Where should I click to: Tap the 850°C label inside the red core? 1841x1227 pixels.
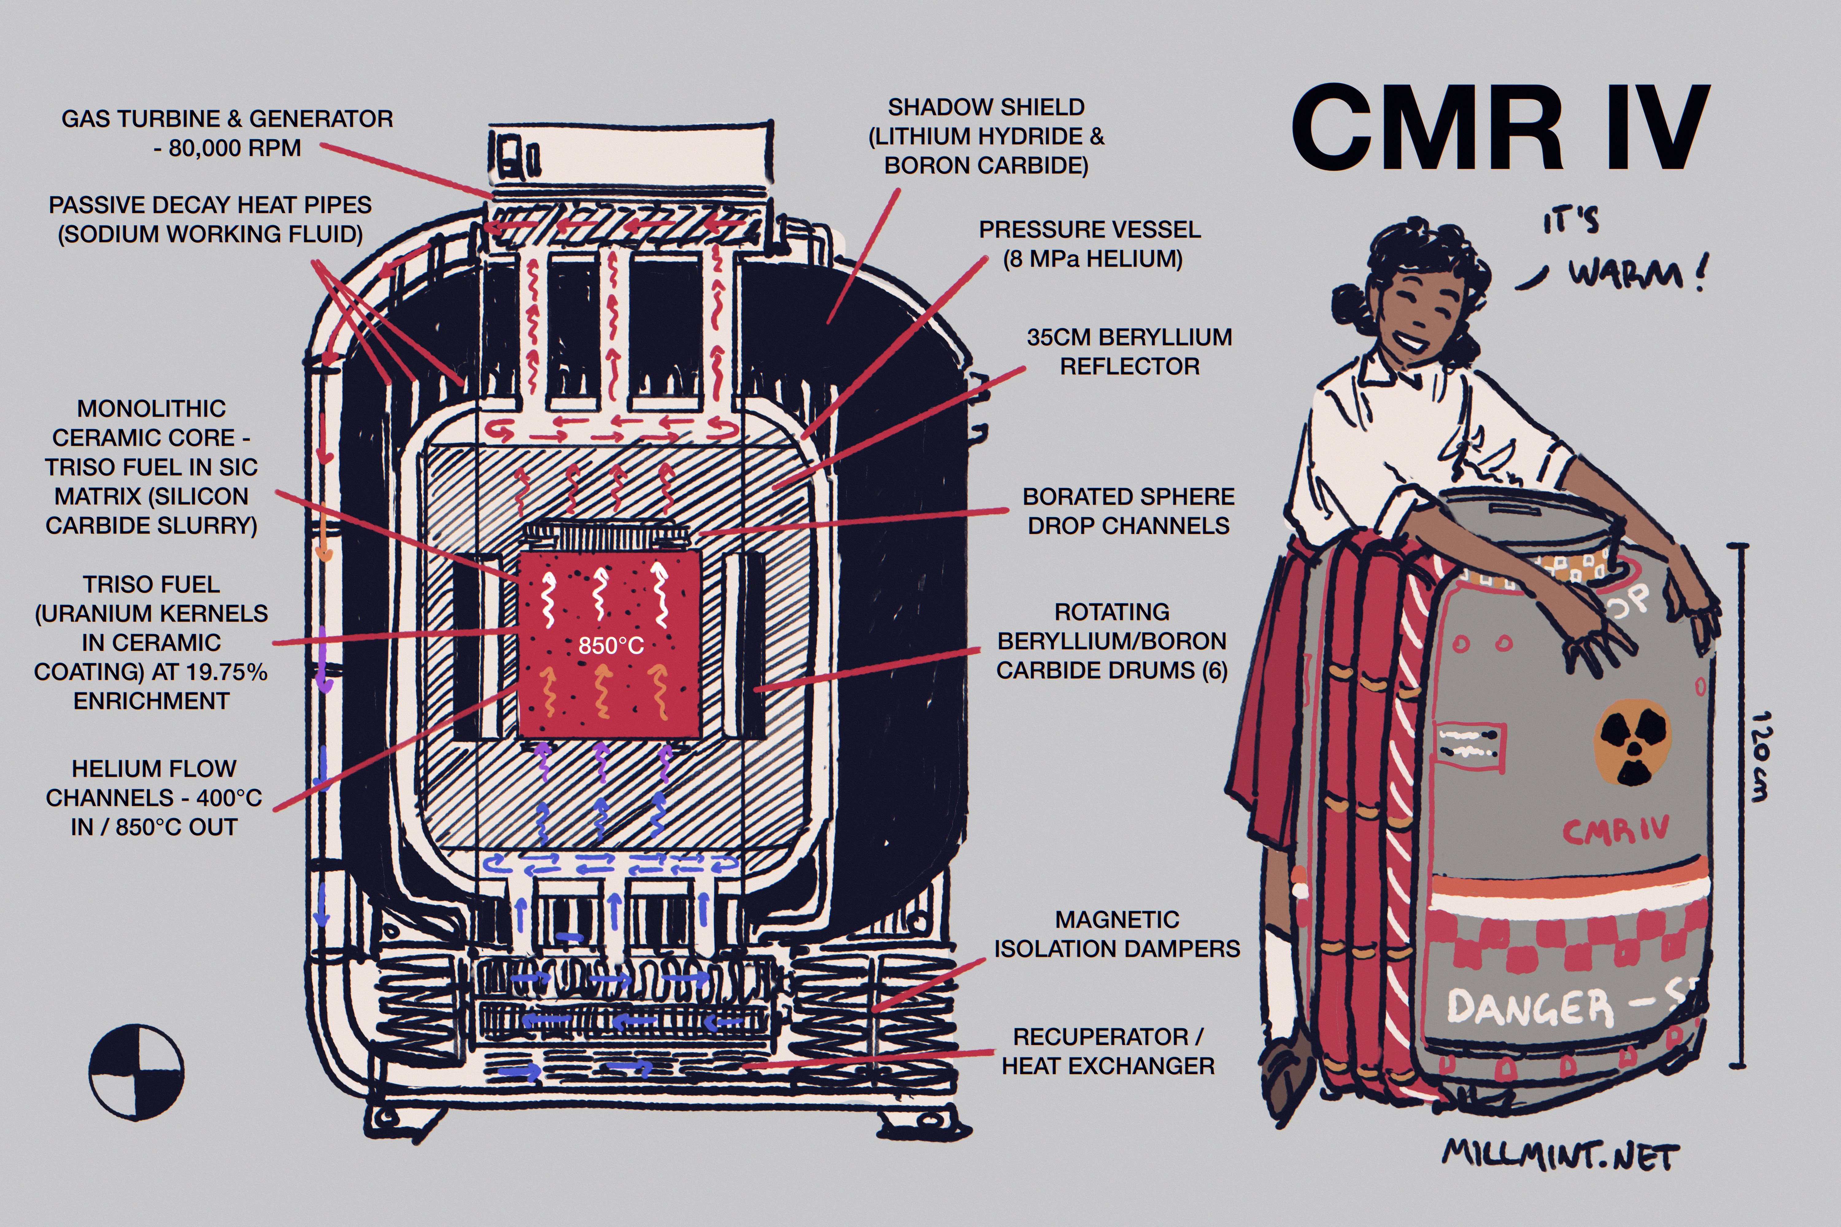click(x=611, y=646)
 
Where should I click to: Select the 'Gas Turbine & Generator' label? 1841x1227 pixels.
click(x=227, y=133)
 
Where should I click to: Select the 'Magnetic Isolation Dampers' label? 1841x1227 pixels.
click(x=1117, y=933)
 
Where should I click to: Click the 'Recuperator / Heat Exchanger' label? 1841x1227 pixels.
click(x=1108, y=1051)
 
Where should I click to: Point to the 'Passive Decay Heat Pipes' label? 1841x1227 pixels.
click(x=210, y=219)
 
